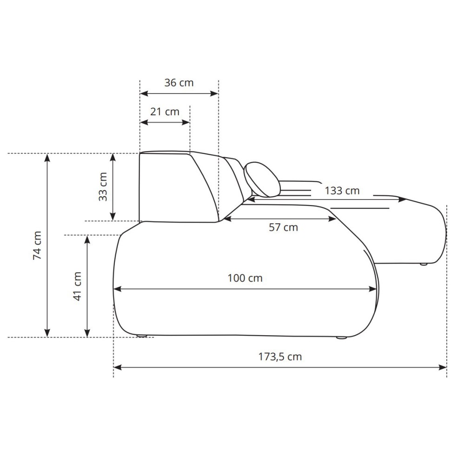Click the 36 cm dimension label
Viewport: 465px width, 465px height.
179,83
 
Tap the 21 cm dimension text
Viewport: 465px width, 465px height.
165,112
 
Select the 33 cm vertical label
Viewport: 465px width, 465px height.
103,187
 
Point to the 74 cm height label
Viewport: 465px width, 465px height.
37,246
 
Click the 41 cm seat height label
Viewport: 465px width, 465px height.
77,286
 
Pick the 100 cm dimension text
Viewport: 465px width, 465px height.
245,278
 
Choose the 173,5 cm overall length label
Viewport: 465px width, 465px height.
280,357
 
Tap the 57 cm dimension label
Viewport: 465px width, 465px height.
283,227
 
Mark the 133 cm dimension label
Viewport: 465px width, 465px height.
342,191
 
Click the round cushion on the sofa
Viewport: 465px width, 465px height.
262,179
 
